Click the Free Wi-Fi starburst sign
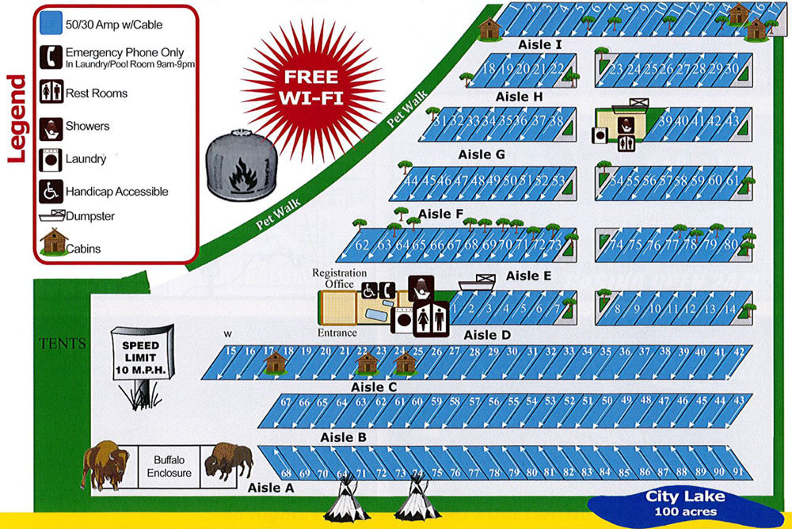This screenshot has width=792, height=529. coord(311,87)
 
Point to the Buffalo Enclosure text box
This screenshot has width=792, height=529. coord(169,466)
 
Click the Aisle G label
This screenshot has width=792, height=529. coord(481,154)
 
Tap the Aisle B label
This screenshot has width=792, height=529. coord(343,437)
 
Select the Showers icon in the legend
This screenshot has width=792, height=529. coord(52,126)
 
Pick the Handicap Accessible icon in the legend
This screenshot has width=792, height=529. coord(52,192)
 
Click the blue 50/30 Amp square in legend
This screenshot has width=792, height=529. coord(51,23)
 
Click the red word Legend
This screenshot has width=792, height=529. coord(17,119)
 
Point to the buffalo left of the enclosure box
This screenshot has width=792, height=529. coord(105,464)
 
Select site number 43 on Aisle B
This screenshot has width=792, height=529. coord(738,402)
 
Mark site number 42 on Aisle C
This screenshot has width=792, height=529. coord(738,351)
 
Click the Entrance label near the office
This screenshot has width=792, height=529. coord(337,333)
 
